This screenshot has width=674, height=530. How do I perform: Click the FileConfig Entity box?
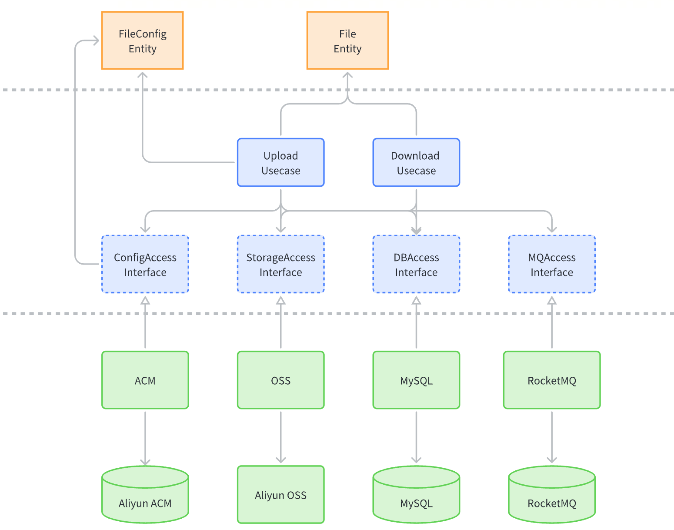(142, 40)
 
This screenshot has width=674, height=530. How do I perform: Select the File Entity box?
(347, 40)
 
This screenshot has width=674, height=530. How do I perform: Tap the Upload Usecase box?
(280, 162)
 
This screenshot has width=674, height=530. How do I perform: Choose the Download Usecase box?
(416, 162)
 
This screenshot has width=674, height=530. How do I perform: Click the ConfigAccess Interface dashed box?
(145, 264)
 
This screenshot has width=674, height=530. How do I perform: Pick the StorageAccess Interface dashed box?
(280, 264)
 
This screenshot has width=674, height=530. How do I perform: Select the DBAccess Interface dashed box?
(416, 264)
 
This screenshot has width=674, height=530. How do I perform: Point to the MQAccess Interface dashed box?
(551, 264)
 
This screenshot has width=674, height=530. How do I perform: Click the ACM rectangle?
(145, 380)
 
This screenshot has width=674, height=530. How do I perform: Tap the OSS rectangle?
(280, 380)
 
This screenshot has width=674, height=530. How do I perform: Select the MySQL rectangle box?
(416, 380)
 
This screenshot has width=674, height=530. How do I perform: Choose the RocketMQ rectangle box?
(551, 380)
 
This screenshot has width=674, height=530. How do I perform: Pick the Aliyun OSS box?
(280, 494)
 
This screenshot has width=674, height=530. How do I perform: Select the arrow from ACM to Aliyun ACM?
(145, 437)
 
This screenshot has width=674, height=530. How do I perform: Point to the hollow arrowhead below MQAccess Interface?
(551, 300)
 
